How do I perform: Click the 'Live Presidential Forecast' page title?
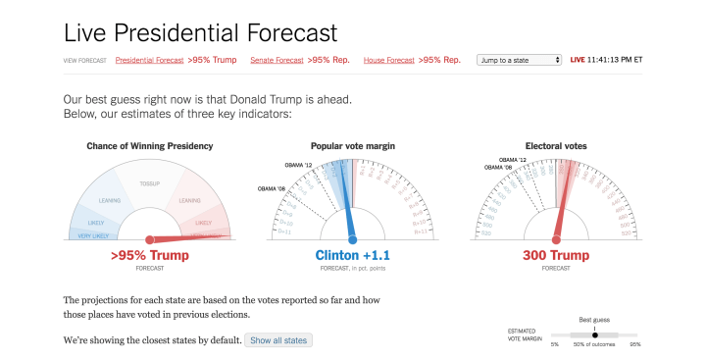click(200, 31)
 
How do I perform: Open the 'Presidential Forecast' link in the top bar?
click(149, 60)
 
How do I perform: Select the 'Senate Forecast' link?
click(277, 60)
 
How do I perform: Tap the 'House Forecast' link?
click(389, 60)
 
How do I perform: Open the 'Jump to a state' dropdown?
click(519, 60)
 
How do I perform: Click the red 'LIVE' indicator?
click(579, 60)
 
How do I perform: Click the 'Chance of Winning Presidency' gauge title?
click(149, 146)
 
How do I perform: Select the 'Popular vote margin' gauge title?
click(352, 146)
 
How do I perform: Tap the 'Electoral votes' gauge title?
click(556, 146)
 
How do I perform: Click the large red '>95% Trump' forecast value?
click(149, 255)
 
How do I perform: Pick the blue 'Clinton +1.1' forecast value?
click(352, 255)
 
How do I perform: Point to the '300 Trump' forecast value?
click(556, 255)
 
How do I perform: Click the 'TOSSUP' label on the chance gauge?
click(150, 182)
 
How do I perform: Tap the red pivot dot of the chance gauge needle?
click(149, 239)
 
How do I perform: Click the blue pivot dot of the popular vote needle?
click(352, 238)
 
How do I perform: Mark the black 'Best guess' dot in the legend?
click(594, 334)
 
